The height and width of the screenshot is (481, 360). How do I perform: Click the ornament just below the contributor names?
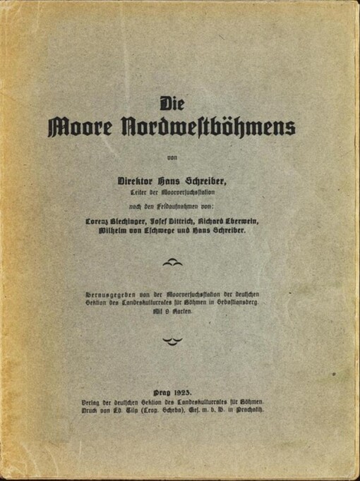pos(172,262)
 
